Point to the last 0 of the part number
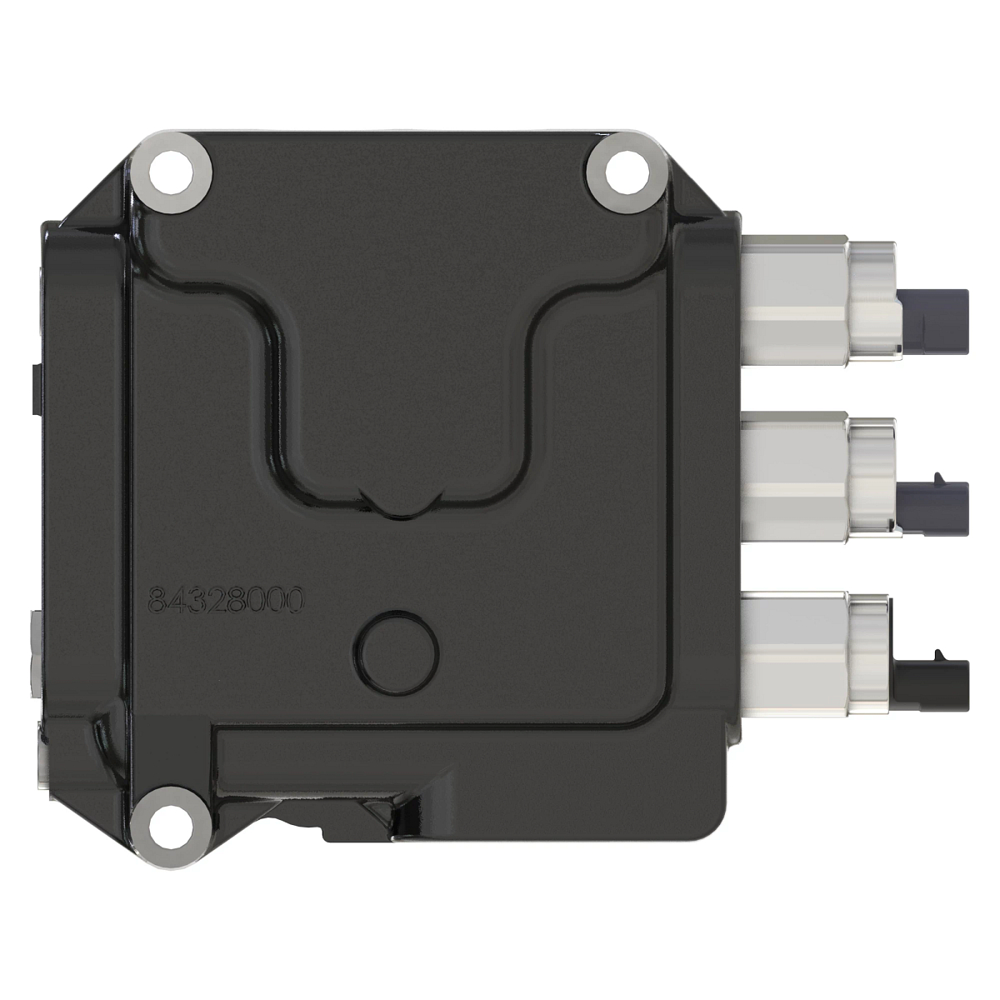coord(292,598)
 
